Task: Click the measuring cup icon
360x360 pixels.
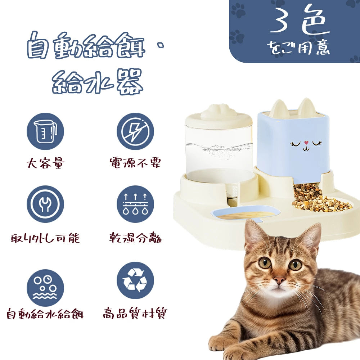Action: tap(45, 131)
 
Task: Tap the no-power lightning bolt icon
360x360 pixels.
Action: tap(135, 131)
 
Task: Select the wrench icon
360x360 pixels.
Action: tap(45, 204)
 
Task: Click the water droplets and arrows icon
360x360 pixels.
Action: tap(135, 204)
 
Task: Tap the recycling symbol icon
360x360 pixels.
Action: tap(135, 280)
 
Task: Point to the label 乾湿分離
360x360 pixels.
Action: tap(135, 238)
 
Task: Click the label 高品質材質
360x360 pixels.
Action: tap(135, 313)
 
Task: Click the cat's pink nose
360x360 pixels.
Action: tap(279, 280)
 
